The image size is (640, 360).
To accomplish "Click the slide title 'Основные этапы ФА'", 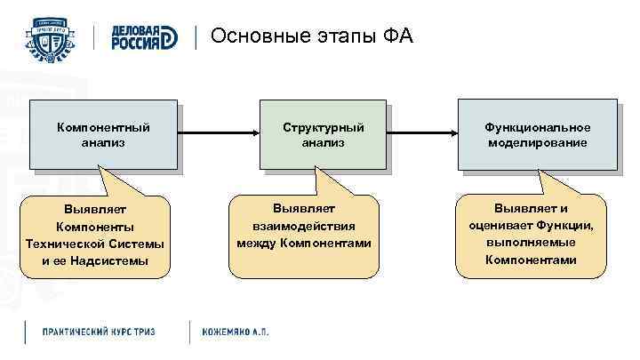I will [312, 36].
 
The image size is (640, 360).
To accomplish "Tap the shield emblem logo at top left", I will [54, 37].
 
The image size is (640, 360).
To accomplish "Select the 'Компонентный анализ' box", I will [103, 134].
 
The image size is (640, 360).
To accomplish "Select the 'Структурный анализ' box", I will [323, 134].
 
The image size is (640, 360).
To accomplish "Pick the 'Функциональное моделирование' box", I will [536, 134].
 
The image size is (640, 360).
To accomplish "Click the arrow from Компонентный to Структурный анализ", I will [218, 134].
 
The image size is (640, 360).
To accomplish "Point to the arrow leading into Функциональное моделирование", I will [422, 134].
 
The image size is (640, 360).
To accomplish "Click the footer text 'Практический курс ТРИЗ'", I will [99, 331].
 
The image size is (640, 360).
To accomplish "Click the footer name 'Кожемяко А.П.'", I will [236, 331].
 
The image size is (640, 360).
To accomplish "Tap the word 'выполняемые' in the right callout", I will [531, 243].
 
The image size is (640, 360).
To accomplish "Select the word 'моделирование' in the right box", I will [536, 142].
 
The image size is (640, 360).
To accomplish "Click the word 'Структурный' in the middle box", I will [323, 127].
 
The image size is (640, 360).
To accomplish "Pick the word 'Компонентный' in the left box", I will [103, 127].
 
